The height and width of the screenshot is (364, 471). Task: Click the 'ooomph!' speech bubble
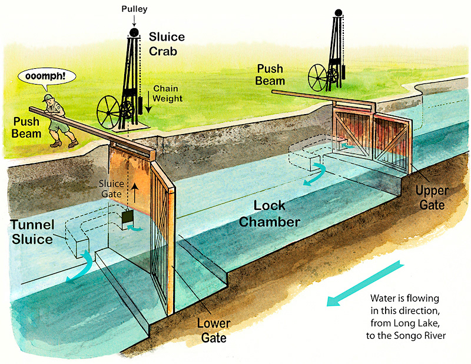click(43, 76)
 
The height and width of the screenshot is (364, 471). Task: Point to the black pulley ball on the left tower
click(134, 32)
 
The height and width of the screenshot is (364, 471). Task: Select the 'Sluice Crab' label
click(167, 45)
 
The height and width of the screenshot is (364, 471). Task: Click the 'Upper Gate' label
click(433, 197)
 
